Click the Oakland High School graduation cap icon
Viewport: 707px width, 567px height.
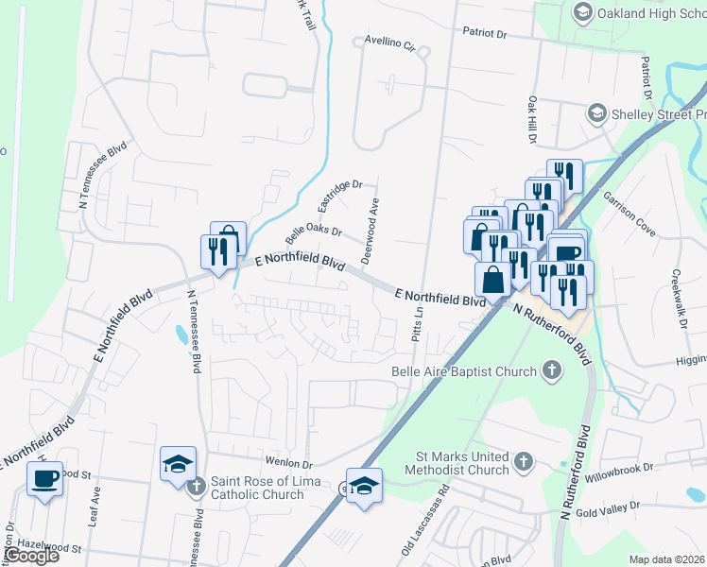[x=582, y=11]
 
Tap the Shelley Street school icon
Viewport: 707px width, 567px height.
[x=595, y=114]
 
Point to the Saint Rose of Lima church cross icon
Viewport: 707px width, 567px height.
[x=197, y=487]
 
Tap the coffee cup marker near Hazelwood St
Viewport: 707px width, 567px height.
[x=44, y=478]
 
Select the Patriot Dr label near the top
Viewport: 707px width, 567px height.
[x=485, y=33]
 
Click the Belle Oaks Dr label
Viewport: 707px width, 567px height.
[x=313, y=230]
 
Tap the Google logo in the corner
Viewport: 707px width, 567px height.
[x=31, y=556]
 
